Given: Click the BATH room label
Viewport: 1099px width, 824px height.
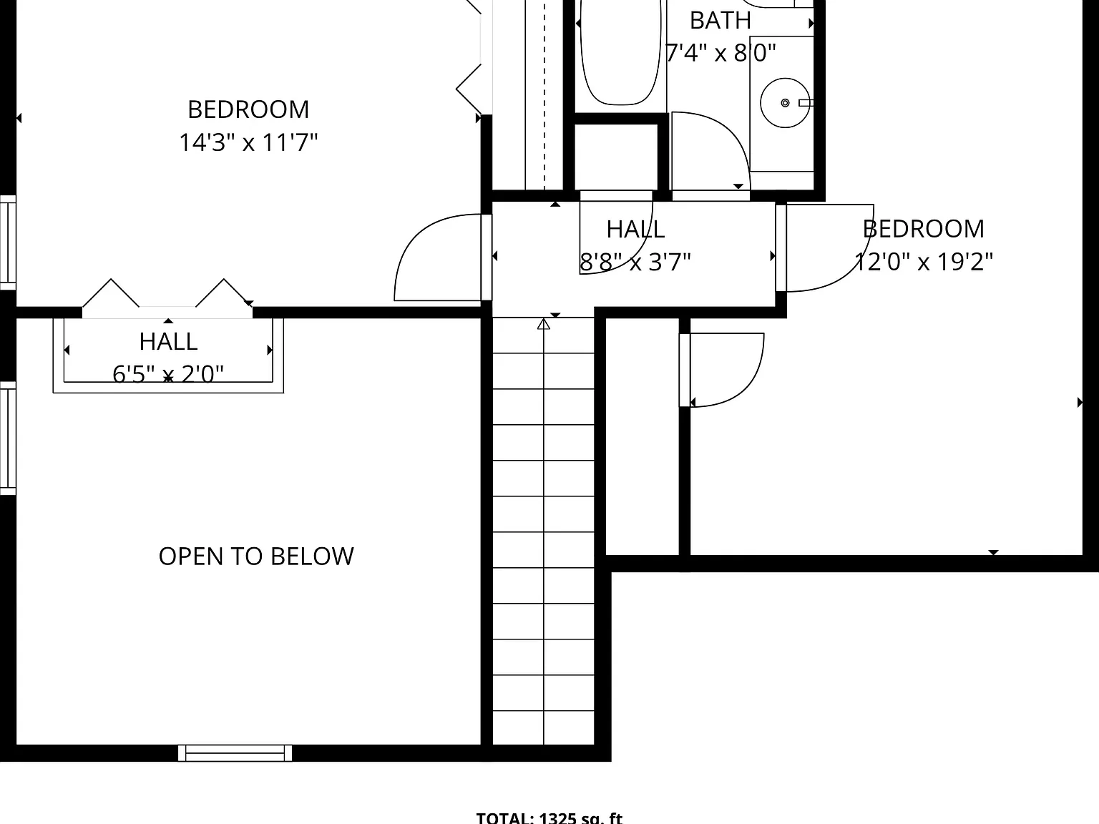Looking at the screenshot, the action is pyautogui.click(x=721, y=21).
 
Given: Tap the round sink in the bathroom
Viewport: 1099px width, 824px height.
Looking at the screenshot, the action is pyautogui.click(x=785, y=102).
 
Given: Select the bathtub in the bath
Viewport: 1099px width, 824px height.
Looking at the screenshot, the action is pyautogui.click(x=620, y=52).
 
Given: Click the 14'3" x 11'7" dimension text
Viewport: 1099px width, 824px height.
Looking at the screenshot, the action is pyautogui.click(x=248, y=142).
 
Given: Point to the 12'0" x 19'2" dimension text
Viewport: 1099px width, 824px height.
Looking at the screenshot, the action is pyautogui.click(x=923, y=261).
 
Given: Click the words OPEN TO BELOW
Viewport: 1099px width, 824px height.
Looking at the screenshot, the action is pyautogui.click(x=256, y=556).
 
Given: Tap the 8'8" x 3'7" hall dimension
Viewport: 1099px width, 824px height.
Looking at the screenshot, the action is pyautogui.click(x=635, y=261).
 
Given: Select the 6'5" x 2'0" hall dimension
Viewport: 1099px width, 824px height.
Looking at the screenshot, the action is pyautogui.click(x=168, y=373).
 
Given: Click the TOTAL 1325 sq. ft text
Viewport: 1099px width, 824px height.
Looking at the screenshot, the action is pyautogui.click(x=549, y=818).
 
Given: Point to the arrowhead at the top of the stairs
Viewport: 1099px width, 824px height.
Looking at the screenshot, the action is pyautogui.click(x=544, y=324).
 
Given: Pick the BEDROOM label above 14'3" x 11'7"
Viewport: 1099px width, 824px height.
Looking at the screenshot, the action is pyautogui.click(x=248, y=109).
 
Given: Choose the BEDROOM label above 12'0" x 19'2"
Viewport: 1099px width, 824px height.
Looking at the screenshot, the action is pyautogui.click(x=923, y=229).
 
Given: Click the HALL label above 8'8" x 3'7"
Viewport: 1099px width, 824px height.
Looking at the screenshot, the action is pyautogui.click(x=635, y=229).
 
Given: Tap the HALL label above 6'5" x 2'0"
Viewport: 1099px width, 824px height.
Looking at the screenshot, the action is pyautogui.click(x=168, y=342).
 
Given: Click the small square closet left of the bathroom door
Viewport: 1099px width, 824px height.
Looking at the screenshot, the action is pyautogui.click(x=616, y=157).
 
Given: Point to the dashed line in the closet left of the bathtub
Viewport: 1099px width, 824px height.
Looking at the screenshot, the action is pyautogui.click(x=544, y=95).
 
